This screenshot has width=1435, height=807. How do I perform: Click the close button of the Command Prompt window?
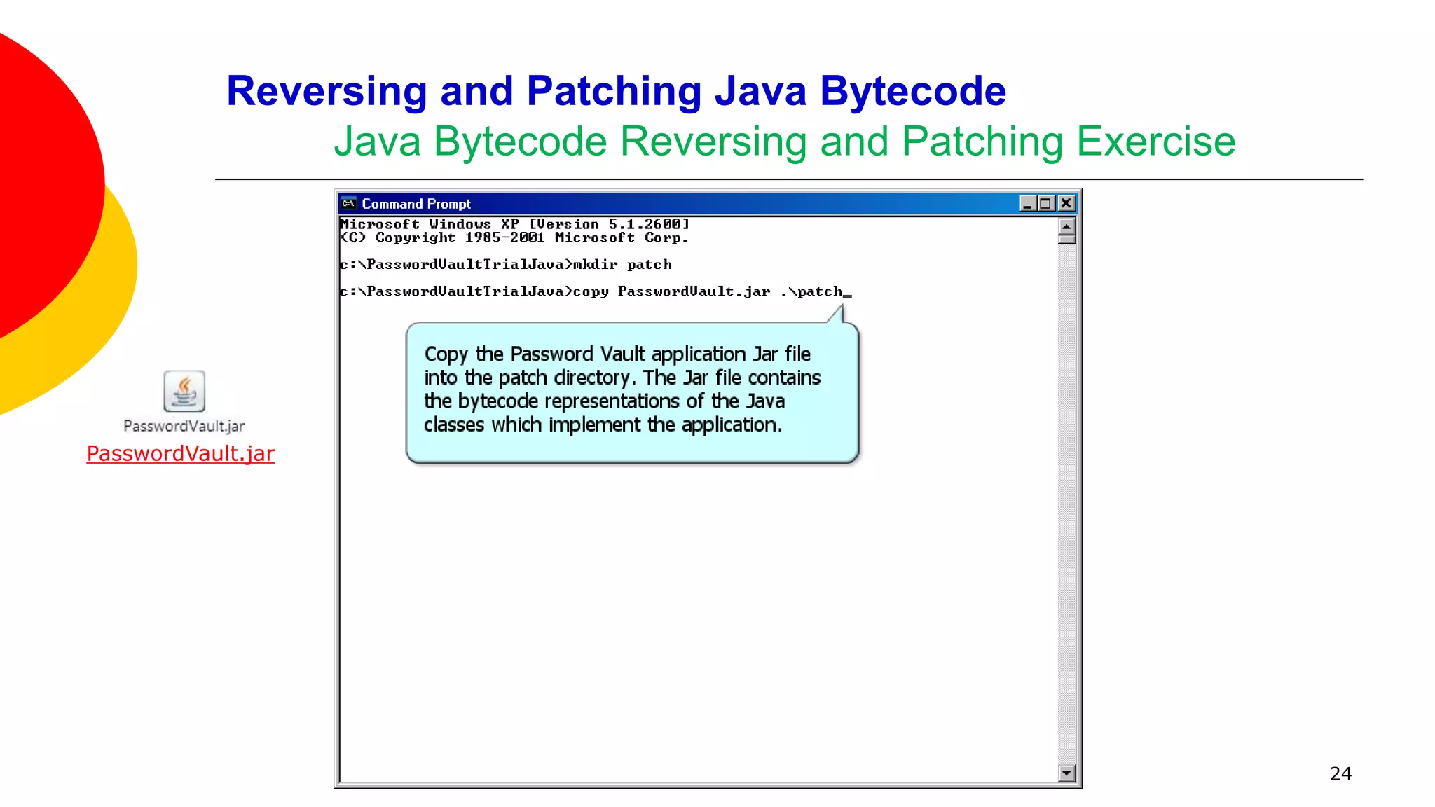[1066, 203]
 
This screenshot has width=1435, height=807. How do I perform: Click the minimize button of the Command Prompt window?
[1027, 203]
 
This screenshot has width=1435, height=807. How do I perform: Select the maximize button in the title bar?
[1045, 203]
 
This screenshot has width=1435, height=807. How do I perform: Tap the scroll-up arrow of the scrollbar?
[1066, 226]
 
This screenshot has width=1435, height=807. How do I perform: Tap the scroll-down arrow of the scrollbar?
[1066, 773]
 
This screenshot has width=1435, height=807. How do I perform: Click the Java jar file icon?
[184, 391]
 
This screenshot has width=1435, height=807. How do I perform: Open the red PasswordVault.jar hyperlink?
[180, 453]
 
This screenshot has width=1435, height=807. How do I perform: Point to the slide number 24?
[1340, 773]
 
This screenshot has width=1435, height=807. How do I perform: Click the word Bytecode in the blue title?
[912, 91]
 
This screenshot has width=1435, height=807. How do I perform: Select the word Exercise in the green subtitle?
[1155, 142]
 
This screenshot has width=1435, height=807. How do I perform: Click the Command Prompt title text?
[416, 204]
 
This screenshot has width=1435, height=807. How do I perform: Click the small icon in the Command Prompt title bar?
[348, 204]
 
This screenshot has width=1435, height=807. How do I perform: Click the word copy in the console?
[591, 291]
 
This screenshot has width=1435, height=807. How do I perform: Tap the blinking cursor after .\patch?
[847, 294]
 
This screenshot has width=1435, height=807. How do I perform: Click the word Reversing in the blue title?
[327, 91]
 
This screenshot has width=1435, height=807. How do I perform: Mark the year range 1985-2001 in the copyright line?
[504, 238]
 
